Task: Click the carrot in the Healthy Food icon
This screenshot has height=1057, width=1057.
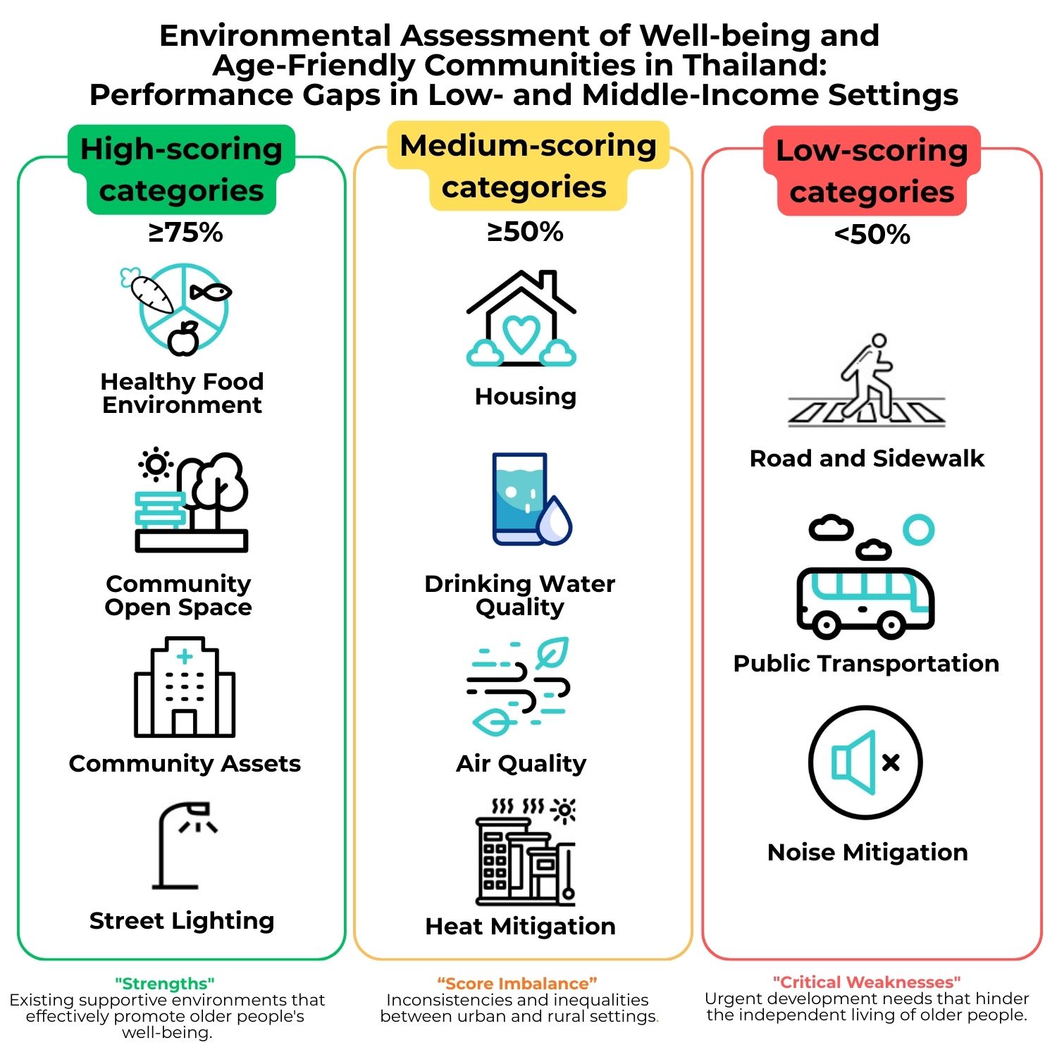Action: point(152,295)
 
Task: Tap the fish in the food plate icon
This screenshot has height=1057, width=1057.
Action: point(211,291)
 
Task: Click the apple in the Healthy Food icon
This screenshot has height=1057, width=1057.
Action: point(184,340)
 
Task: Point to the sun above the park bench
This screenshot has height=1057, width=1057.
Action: point(156,464)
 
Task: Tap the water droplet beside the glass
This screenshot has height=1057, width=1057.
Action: point(555,520)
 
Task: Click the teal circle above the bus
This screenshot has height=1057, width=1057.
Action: point(918,529)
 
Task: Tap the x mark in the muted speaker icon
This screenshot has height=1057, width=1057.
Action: point(891,762)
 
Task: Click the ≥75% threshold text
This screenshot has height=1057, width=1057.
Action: point(185,233)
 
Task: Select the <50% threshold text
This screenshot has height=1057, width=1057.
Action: point(872,235)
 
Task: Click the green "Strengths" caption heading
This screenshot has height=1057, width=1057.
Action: point(165,983)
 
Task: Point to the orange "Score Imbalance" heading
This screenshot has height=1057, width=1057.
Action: point(517,983)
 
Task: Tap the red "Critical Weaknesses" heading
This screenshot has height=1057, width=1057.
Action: point(867,982)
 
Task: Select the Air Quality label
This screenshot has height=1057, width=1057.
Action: point(521,763)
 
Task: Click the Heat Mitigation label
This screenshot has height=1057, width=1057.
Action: point(520,926)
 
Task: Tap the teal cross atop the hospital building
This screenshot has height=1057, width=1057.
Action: point(185,657)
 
